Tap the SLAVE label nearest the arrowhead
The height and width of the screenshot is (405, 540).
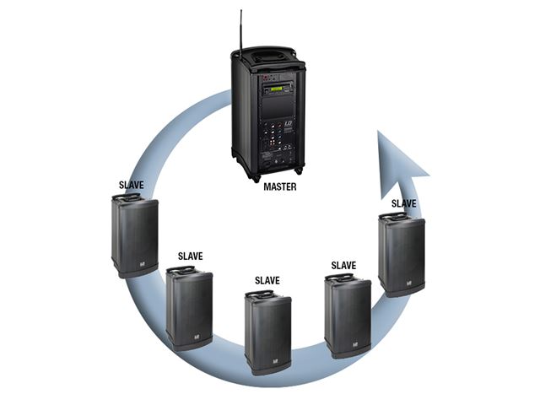(x=403, y=203)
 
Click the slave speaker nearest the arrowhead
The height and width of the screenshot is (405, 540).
(x=401, y=253)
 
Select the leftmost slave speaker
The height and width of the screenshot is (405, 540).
(x=135, y=235)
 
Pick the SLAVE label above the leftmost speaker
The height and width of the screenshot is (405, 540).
(x=137, y=182)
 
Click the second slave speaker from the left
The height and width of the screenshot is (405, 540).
(x=189, y=307)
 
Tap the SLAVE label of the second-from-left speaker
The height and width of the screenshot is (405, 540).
(x=190, y=255)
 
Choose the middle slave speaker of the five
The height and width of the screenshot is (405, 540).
(x=267, y=332)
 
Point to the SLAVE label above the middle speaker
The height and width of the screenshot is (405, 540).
(x=267, y=280)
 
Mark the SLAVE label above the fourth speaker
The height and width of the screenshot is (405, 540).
(x=343, y=265)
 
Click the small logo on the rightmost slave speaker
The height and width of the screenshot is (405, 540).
(x=415, y=284)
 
